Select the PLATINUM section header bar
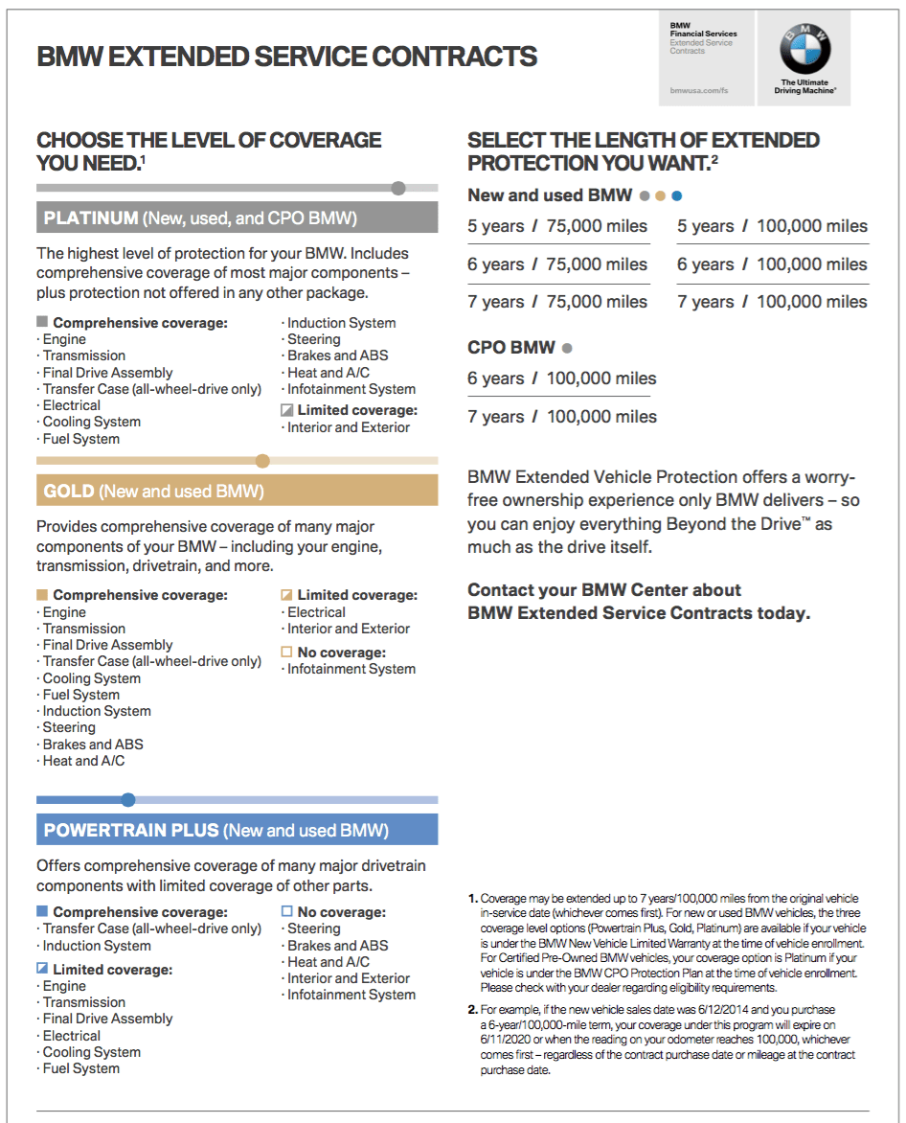click(237, 218)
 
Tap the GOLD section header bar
click(237, 492)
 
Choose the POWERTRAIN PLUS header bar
click(237, 830)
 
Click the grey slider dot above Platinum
click(398, 188)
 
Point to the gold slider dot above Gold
click(262, 461)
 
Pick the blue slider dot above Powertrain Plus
click(128, 800)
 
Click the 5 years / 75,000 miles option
click(557, 227)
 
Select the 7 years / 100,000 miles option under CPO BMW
click(562, 417)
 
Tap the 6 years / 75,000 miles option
click(557, 264)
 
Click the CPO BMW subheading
click(513, 348)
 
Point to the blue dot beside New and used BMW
click(677, 196)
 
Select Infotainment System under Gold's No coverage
click(351, 669)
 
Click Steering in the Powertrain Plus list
click(314, 928)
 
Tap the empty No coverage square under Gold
click(286, 652)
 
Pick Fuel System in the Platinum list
click(81, 439)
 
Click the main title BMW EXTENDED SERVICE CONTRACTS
click(286, 57)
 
